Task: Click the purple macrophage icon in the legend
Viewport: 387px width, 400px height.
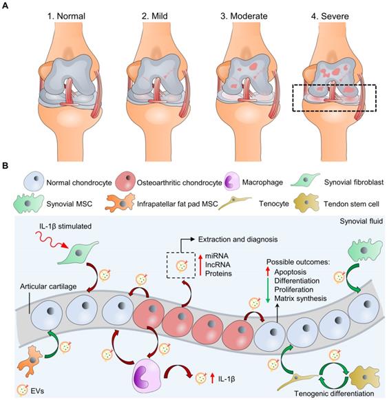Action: coord(236,183)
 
